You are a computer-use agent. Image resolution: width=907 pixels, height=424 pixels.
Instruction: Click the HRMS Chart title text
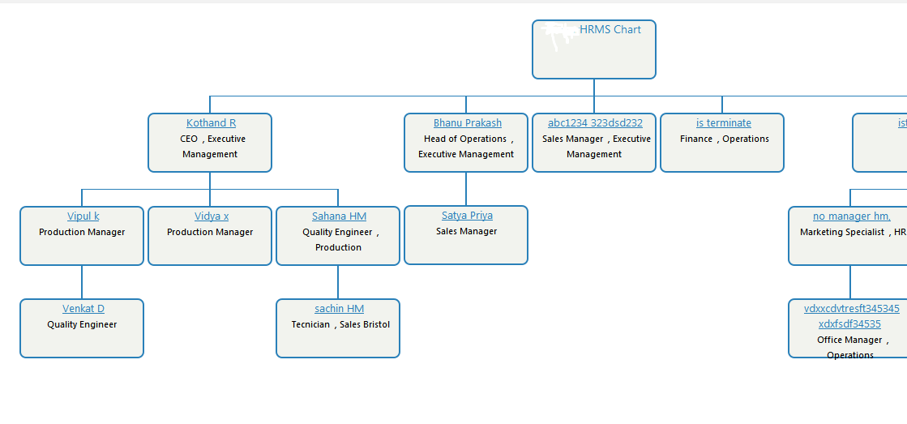point(610,30)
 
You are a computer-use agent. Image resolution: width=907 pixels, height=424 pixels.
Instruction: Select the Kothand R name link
point(211,123)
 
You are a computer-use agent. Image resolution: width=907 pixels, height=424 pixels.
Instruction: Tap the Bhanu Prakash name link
point(467,123)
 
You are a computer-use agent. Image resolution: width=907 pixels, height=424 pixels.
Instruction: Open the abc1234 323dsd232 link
point(595,123)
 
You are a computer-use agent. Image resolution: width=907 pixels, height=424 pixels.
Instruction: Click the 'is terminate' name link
point(723,123)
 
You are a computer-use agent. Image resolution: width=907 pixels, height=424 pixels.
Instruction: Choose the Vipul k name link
point(83,216)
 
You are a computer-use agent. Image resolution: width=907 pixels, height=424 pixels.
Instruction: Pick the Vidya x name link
point(211,216)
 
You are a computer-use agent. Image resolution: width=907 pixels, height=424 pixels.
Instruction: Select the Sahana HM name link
point(339,216)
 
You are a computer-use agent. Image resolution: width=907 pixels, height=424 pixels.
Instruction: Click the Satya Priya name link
point(467,216)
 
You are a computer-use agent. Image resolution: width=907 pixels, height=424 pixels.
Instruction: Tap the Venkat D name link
point(83,309)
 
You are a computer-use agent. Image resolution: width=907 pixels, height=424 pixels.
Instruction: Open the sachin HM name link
point(339,309)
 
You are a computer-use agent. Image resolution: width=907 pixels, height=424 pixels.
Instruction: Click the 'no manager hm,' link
point(851,216)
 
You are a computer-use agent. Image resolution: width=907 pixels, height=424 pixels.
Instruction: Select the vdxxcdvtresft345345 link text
point(851,309)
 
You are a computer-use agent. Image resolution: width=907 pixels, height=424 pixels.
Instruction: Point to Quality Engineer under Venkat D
point(82,325)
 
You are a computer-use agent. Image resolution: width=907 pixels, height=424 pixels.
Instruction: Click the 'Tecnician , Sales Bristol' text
point(340,325)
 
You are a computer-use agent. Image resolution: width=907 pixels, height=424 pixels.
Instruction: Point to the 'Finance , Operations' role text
point(724,139)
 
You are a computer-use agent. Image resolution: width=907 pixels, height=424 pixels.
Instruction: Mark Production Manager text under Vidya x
point(210,233)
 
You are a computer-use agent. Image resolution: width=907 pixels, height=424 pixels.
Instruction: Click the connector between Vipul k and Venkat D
point(82,282)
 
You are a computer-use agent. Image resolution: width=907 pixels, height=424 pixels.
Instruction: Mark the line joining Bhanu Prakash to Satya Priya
point(466,189)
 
